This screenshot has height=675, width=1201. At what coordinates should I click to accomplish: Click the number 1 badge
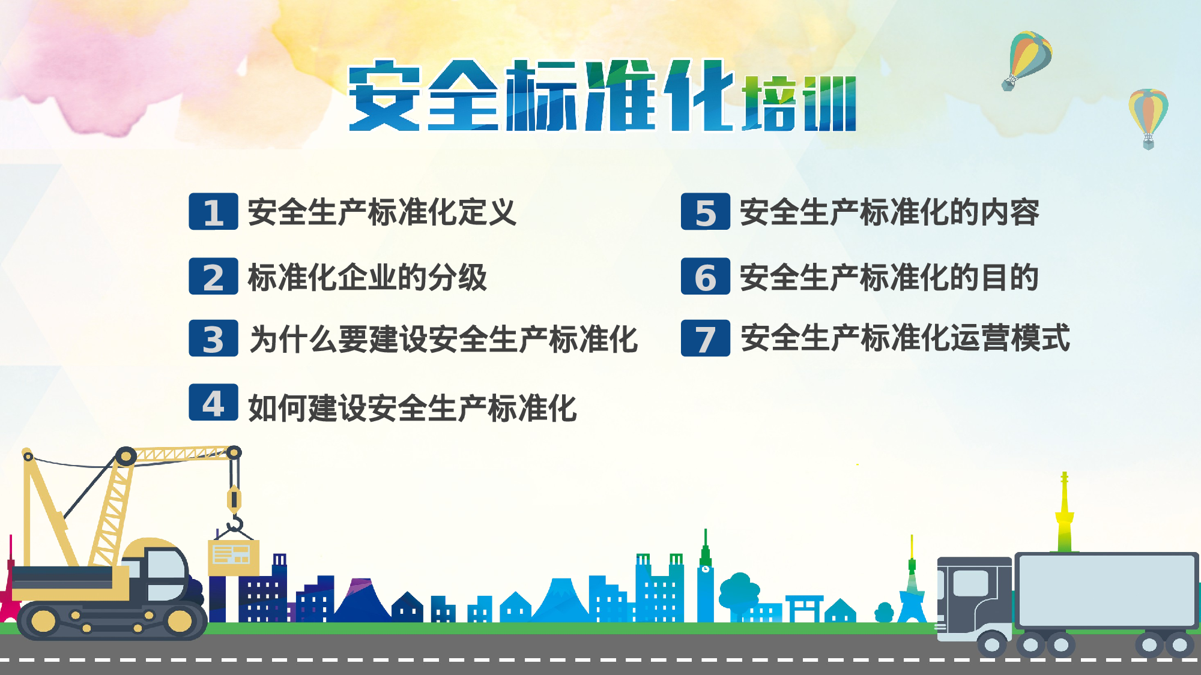(x=213, y=212)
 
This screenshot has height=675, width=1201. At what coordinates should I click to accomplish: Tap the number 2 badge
(x=213, y=277)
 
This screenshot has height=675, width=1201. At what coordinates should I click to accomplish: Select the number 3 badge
(x=213, y=338)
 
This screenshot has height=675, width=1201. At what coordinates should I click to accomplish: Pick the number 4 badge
(x=213, y=403)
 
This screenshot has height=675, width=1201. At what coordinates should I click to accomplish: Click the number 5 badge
(x=705, y=212)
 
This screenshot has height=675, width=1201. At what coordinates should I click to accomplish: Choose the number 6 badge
(x=705, y=277)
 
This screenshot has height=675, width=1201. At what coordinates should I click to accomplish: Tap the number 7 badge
(x=705, y=338)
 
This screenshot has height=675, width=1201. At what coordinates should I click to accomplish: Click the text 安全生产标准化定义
(x=382, y=212)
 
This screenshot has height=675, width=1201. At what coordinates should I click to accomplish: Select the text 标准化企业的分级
(x=367, y=277)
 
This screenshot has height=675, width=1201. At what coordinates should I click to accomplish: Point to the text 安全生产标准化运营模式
(x=905, y=338)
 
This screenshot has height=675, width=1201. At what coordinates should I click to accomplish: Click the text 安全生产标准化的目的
(x=889, y=277)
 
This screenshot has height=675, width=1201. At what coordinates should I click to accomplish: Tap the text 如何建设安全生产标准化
(x=413, y=408)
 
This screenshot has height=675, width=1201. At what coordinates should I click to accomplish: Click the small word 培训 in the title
(x=799, y=104)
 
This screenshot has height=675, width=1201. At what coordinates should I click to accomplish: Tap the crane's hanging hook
(x=235, y=523)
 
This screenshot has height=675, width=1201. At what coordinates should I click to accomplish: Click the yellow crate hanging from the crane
(x=234, y=556)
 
